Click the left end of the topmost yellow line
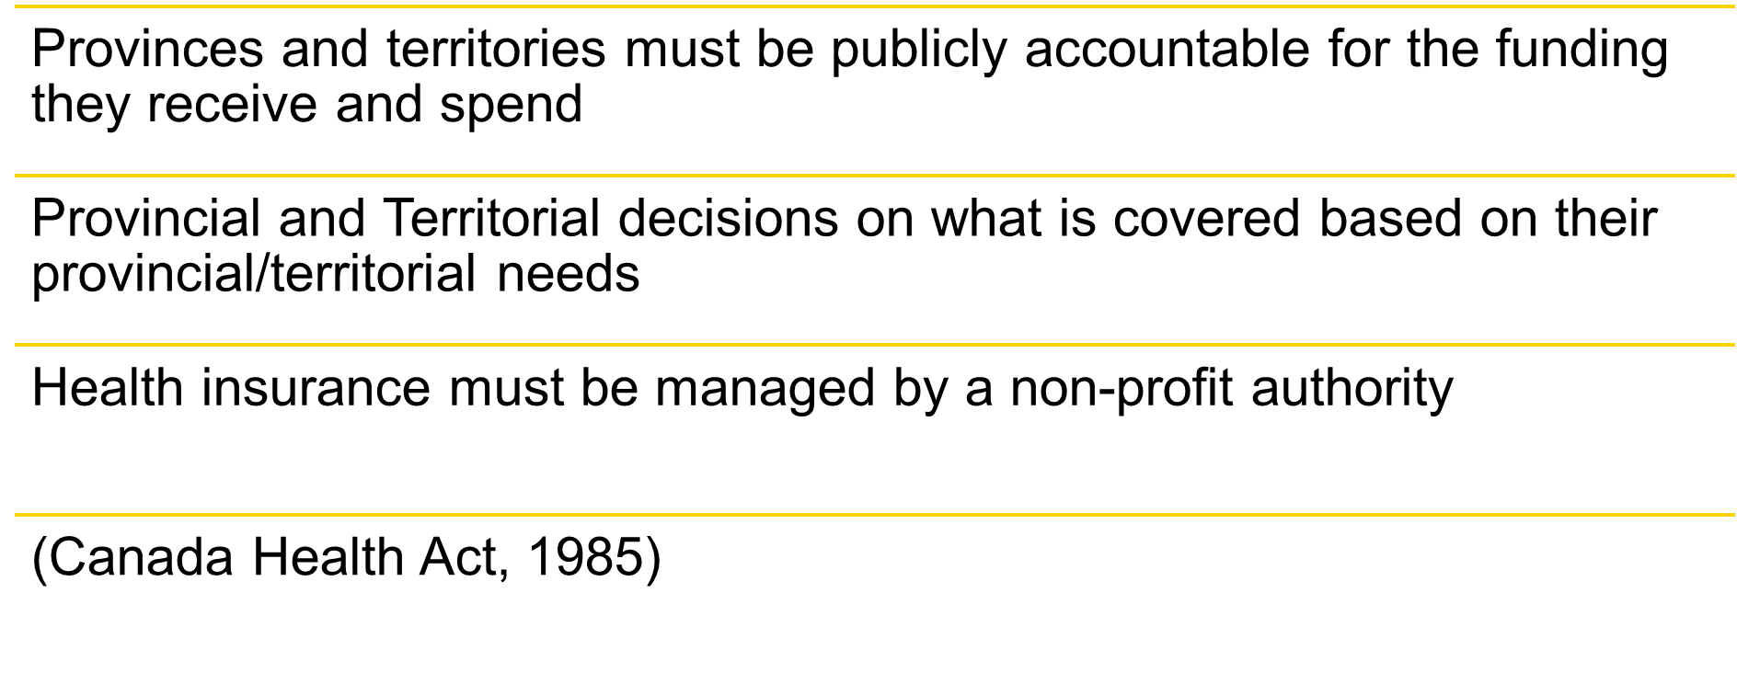17,6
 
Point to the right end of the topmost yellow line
1733,6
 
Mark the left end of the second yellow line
17,176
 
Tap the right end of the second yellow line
1733,176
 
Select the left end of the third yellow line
17,345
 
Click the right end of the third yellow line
1733,345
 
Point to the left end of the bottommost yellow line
17,515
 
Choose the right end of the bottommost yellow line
1733,515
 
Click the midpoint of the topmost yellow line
875,6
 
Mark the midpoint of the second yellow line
875,176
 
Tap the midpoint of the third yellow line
875,345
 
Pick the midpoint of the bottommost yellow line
875,515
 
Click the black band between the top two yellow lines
875,91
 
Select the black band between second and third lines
875,260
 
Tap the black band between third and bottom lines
875,429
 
